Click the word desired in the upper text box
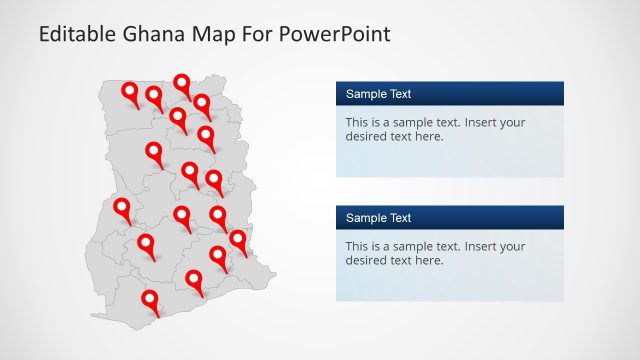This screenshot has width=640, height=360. (366, 137)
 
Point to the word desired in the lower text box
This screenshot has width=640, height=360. (366, 260)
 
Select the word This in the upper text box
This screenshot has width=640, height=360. (358, 123)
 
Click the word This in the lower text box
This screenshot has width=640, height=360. (358, 246)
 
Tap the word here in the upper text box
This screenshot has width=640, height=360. (427, 137)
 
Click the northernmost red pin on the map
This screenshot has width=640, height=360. (182, 83)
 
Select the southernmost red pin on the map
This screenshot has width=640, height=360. (150, 298)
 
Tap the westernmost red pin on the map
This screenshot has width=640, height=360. (122, 207)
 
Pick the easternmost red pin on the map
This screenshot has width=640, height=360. (238, 239)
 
